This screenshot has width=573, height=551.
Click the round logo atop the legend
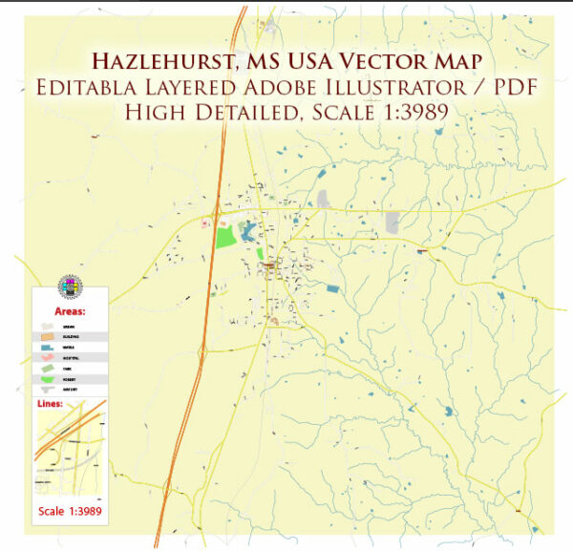click(70, 286)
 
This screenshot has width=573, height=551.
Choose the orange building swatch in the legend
click(45, 337)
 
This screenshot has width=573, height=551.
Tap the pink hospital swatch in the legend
click(45, 357)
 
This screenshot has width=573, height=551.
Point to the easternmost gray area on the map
click(393, 223)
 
